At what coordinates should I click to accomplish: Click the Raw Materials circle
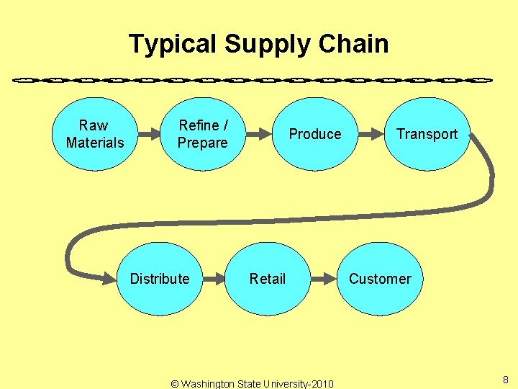pyautogui.click(x=94, y=134)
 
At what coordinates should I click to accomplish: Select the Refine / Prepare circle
pyautogui.click(x=202, y=134)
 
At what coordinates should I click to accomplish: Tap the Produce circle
pyautogui.click(x=315, y=134)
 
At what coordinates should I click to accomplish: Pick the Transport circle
pyautogui.click(x=427, y=134)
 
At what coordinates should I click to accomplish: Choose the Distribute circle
pyautogui.click(x=160, y=279)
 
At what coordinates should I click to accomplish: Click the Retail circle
pyautogui.click(x=268, y=279)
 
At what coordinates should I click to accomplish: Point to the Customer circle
pyautogui.click(x=380, y=279)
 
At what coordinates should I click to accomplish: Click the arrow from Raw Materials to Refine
pyautogui.click(x=148, y=134)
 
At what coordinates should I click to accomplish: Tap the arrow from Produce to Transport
pyautogui.click(x=371, y=134)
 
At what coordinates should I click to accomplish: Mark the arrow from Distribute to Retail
pyautogui.click(x=214, y=279)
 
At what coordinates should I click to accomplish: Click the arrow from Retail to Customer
pyautogui.click(x=324, y=279)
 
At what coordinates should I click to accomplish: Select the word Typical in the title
pyautogui.click(x=173, y=44)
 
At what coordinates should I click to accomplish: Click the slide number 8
pyautogui.click(x=506, y=380)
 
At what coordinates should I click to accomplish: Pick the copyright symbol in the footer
pyautogui.click(x=175, y=384)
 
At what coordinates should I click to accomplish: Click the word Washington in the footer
pyautogui.click(x=209, y=384)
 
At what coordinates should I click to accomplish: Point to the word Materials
pyautogui.click(x=95, y=143)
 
